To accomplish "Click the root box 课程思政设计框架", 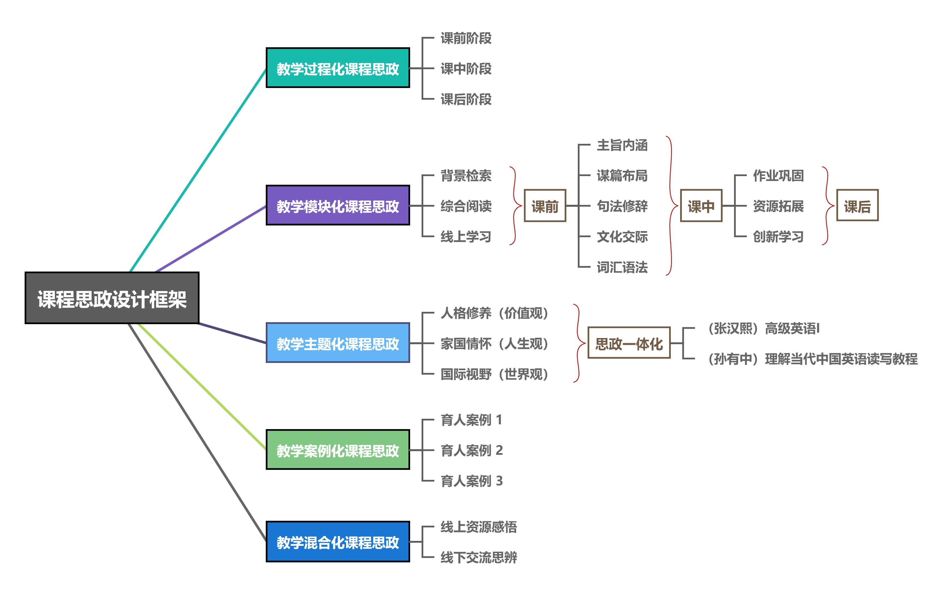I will click(112, 298).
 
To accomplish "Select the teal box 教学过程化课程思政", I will click(338, 68).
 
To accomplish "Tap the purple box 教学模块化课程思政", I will click(338, 205).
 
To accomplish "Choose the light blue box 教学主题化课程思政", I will click(338, 343).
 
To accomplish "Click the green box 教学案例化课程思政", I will click(338, 450).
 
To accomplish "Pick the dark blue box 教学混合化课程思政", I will click(338, 542).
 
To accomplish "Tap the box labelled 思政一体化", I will click(629, 343).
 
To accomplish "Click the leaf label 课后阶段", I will click(466, 99).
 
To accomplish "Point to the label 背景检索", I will click(466, 175).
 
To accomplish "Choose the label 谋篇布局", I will click(622, 175).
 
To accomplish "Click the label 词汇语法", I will click(622, 267).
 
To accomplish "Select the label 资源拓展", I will click(778, 206).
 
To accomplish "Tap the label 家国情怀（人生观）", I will click(494, 343).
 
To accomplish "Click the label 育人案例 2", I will click(472, 450).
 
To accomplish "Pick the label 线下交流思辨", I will click(479, 557).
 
